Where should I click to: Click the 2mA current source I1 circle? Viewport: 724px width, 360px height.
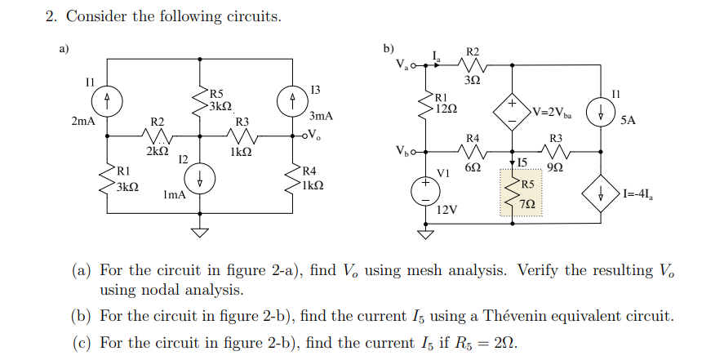click(x=107, y=101)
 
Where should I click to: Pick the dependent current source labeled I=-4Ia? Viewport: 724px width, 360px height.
click(x=602, y=194)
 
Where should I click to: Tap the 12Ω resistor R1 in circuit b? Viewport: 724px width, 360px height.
click(x=425, y=106)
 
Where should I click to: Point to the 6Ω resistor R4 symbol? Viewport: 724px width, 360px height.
click(x=473, y=151)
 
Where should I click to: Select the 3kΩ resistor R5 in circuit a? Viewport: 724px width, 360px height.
click(x=201, y=100)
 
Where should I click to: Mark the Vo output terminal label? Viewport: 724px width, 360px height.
click(x=315, y=136)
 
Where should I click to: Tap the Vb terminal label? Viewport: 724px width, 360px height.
click(x=403, y=151)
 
